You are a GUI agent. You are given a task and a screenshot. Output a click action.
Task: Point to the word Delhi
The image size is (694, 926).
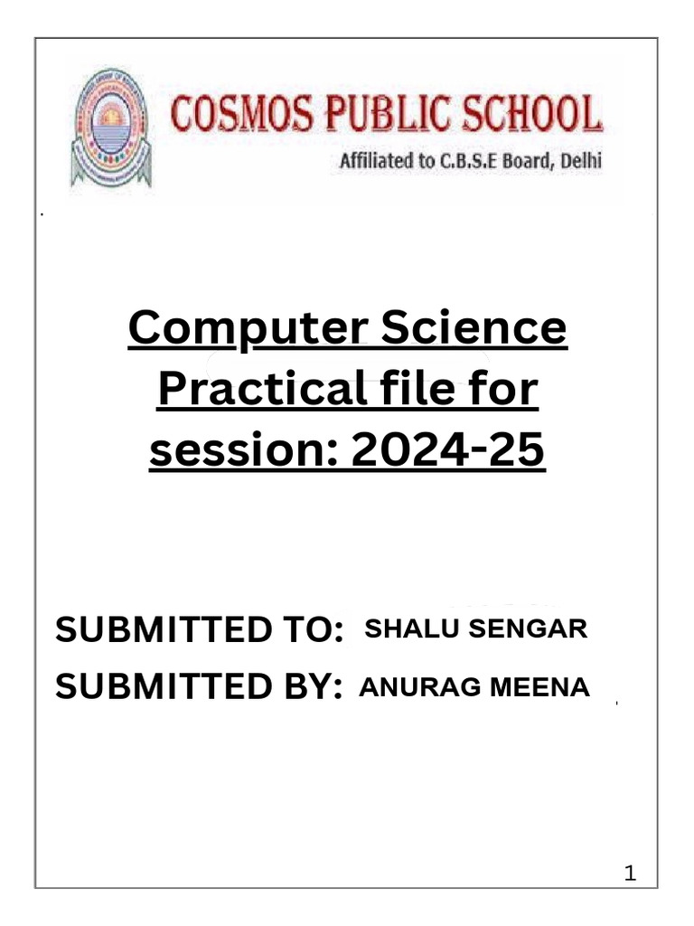(x=578, y=164)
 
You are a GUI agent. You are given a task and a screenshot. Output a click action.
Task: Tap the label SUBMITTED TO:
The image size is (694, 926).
(x=200, y=629)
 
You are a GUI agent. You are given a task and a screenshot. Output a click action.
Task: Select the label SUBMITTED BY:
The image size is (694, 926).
(x=199, y=688)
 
